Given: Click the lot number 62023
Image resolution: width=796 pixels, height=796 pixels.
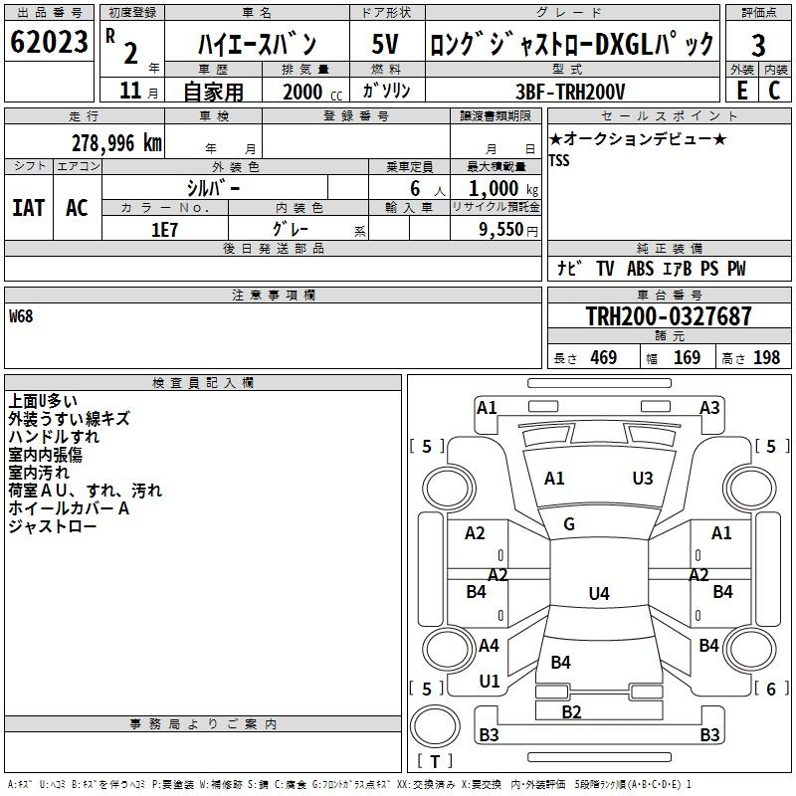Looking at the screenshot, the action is pos(49,42).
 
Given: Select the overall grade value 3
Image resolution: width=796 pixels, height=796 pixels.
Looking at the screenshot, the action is pos(758,45).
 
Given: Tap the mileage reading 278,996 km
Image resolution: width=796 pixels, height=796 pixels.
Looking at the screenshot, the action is pos(116,143).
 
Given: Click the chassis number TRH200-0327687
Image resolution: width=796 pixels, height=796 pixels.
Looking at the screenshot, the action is pos(669,315).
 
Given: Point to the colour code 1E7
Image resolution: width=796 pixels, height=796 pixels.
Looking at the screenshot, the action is pos(164,230).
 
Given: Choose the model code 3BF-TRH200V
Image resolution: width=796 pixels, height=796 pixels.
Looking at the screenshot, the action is pos(570,92).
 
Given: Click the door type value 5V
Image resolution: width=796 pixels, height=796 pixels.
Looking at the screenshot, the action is pos(385,44).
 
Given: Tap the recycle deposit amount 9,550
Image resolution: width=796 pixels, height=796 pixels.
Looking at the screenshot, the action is pos(501,230).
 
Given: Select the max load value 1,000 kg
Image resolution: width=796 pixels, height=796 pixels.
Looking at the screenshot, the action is pos(502,189).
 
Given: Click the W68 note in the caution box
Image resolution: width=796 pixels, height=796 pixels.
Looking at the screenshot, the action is pos(21,316).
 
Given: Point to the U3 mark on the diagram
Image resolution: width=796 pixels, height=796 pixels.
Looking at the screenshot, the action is pos(643,479).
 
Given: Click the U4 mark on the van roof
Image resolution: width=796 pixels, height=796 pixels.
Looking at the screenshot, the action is pos(599,593).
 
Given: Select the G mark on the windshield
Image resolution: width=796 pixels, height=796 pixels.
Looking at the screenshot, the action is pos(569,524).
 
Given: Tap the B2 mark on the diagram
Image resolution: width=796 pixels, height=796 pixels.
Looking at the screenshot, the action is pos(571,712).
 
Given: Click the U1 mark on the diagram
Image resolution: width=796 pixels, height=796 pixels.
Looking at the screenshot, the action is pos(490,682).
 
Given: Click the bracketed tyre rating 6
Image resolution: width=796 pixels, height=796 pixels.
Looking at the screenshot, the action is pos(771,689).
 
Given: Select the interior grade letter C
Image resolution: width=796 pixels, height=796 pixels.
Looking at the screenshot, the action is pos(775,91).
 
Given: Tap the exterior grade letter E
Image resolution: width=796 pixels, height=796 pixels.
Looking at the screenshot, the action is pos(742,91).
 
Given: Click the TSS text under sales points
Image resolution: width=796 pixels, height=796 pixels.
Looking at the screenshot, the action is pos(559,160).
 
